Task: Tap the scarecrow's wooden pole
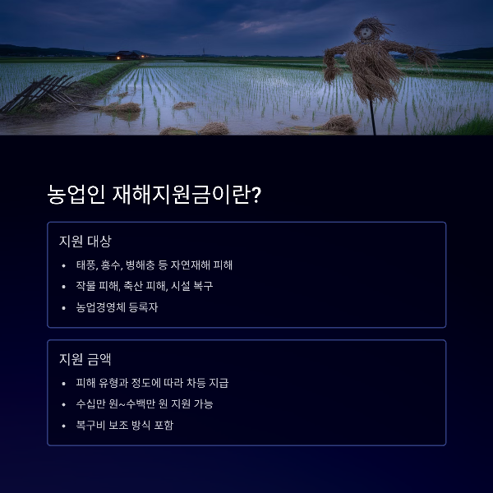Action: (372, 115)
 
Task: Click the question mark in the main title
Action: (256, 196)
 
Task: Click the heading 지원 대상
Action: (85, 242)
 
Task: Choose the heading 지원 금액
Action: (85, 360)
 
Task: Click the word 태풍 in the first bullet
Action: (85, 265)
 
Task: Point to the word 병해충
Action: (143, 265)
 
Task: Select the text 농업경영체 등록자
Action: (117, 308)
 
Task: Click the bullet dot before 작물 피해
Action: (64, 287)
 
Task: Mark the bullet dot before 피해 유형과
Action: (64, 383)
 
